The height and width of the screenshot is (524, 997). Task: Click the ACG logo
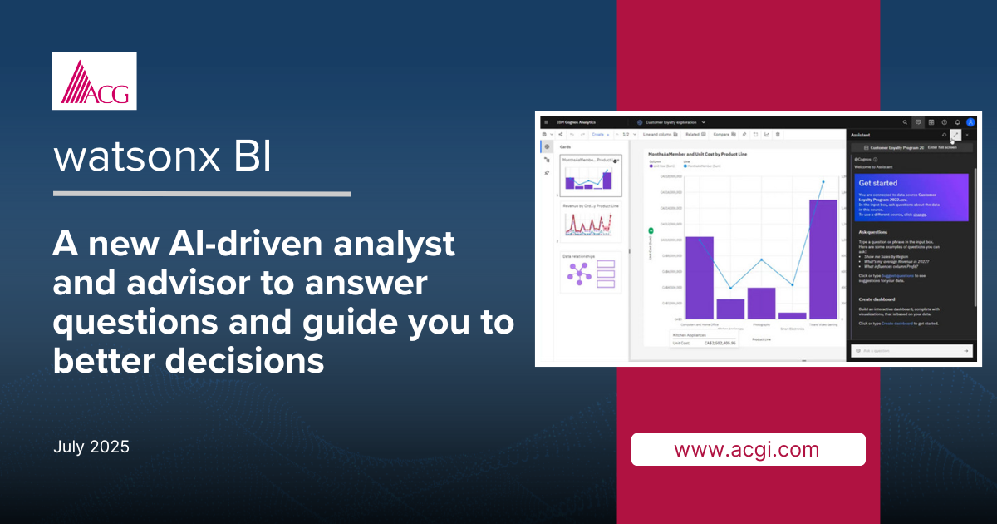94,82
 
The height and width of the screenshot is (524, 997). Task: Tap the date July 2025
91,447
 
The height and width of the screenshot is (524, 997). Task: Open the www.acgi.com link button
748,450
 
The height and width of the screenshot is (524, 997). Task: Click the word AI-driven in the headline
211,245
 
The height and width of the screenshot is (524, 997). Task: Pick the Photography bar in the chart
761,303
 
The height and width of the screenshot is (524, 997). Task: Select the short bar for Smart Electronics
792,315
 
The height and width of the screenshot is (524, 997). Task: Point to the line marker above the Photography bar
761,260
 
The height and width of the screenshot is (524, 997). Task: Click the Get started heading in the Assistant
877,183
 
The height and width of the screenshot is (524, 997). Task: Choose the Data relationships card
590,272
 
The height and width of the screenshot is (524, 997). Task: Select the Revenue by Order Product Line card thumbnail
590,220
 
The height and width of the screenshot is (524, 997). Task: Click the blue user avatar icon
970,122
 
